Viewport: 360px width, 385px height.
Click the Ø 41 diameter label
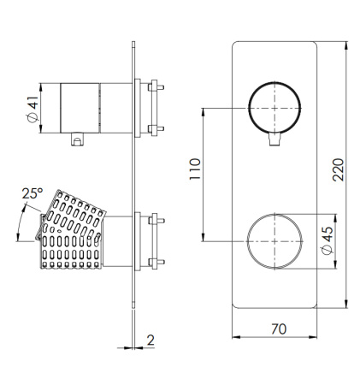(x=32, y=110)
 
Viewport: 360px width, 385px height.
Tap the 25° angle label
(x=32, y=193)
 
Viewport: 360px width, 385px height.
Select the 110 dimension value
(x=195, y=169)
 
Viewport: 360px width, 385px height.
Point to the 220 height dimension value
(x=339, y=169)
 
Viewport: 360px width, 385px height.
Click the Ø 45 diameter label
(x=327, y=240)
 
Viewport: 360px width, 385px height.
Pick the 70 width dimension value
(x=279, y=329)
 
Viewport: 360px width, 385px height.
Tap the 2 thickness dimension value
(x=150, y=340)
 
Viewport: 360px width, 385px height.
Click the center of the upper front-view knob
(x=274, y=108)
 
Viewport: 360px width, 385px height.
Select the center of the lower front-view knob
(x=274, y=241)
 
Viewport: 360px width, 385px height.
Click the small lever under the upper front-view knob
(x=274, y=139)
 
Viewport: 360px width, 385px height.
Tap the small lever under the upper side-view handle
(x=77, y=139)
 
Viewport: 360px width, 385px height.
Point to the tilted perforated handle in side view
(x=71, y=230)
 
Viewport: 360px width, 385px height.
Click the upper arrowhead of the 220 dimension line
(x=346, y=45)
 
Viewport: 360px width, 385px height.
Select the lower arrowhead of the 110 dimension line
(x=204, y=237)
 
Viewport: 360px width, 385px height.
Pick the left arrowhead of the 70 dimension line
(x=236, y=337)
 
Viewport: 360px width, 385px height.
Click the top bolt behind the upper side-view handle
(x=156, y=87)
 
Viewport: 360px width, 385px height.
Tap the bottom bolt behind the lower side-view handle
(x=156, y=262)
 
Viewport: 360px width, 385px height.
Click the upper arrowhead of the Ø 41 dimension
(x=40, y=87)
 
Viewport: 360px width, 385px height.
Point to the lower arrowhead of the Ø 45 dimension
(x=335, y=265)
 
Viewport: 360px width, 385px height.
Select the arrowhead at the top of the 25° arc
(x=24, y=208)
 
